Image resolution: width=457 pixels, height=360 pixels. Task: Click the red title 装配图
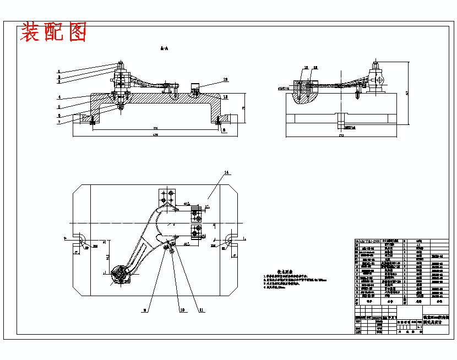click(x=53, y=33)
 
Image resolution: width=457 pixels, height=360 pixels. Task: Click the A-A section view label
click(x=164, y=49)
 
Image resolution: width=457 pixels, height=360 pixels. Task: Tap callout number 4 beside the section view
click(x=58, y=97)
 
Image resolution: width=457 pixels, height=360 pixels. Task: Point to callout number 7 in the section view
click(x=58, y=122)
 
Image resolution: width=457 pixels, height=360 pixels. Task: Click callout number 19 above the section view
click(x=225, y=79)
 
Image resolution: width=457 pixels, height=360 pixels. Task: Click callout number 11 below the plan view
click(x=202, y=310)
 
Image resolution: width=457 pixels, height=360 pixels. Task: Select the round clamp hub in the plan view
click(x=119, y=274)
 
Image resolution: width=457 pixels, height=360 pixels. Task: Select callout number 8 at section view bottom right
click(x=225, y=131)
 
